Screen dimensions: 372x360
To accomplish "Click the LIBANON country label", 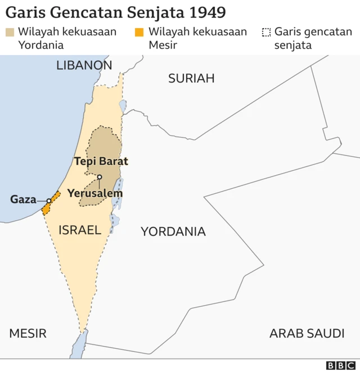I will (x=84, y=65).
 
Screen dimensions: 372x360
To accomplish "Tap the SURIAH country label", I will (x=191, y=78).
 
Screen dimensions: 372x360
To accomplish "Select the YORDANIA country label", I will (x=173, y=231).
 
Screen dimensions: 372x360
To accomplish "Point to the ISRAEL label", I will (x=79, y=229).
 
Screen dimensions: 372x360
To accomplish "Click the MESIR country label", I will (x=28, y=333).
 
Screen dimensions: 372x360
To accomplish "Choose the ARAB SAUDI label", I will (x=307, y=333).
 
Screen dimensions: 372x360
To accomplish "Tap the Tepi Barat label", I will (x=101, y=161).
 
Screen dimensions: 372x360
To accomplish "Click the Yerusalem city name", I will (x=94, y=193).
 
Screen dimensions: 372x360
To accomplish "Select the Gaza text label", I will (x=23, y=199).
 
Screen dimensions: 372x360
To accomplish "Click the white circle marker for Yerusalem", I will (x=99, y=178).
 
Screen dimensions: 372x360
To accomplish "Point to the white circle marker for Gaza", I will (x=49, y=201).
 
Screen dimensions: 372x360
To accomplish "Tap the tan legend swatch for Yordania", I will (x=10, y=32).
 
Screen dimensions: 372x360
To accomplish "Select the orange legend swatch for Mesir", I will (x=139, y=32).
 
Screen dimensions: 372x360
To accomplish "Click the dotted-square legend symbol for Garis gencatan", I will (x=266, y=32).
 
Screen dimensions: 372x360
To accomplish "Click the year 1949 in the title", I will (x=206, y=12).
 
